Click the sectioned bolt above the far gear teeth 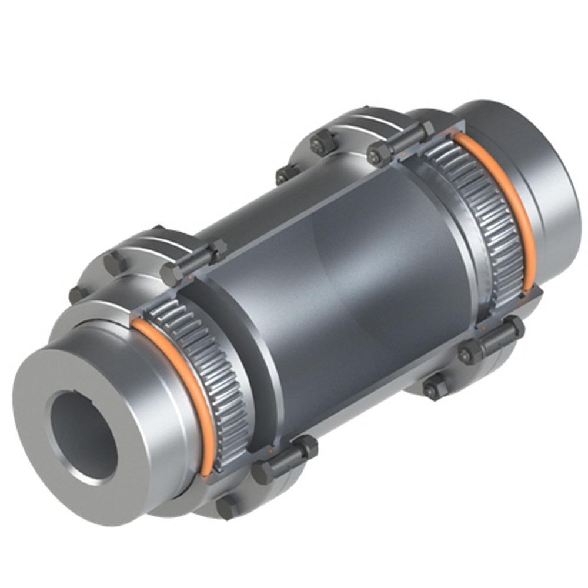[x=400, y=144]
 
